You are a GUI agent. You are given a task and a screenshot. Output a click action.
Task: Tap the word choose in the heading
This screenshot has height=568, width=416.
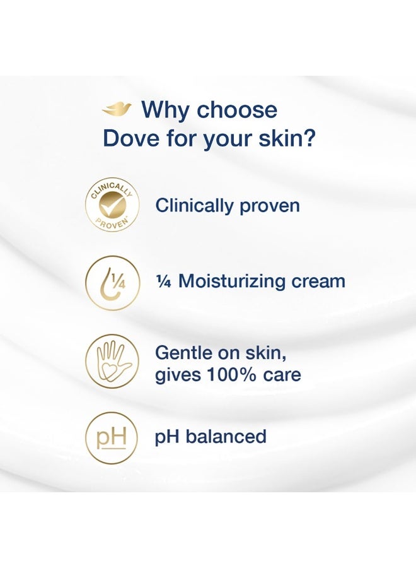coord(237,110)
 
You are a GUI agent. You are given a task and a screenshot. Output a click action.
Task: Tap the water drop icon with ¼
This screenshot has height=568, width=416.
coord(112,282)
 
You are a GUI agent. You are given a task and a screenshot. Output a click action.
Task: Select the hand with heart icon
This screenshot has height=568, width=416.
coord(112,360)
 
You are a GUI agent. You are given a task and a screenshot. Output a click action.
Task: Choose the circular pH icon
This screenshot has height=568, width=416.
coord(112,437)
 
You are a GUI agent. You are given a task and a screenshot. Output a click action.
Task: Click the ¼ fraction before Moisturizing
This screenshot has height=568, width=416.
coord(163,281)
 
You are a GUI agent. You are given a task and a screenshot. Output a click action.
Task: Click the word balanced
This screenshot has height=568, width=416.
coord(226,436)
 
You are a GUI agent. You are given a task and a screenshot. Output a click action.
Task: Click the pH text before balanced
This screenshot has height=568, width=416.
coord(167,437)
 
